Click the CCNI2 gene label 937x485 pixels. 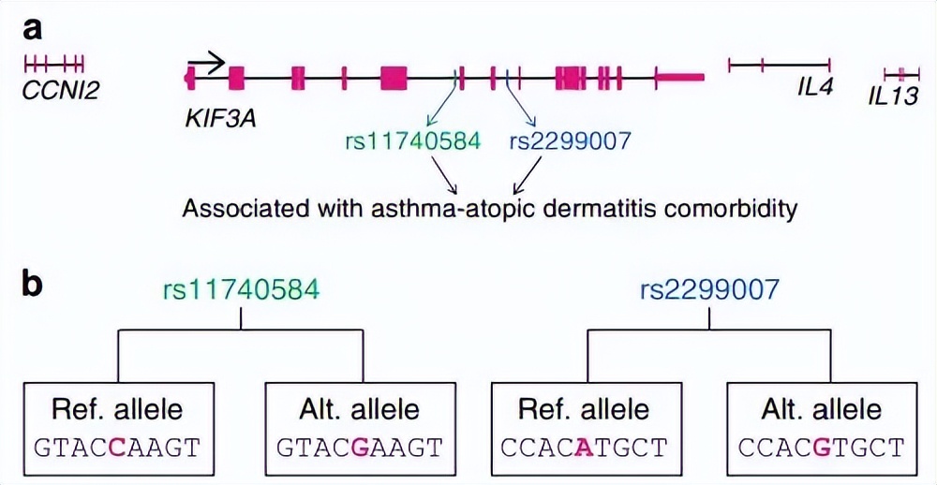click(62, 91)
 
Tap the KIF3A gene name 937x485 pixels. click(222, 119)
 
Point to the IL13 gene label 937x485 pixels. click(893, 95)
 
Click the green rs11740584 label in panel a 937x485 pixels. click(413, 141)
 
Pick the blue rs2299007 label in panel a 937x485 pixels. click(571, 141)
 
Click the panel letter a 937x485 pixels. click(34, 30)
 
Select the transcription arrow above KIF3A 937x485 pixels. click(207, 64)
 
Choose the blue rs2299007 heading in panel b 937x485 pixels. click(708, 289)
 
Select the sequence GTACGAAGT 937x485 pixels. click(361, 448)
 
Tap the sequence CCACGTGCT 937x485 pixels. click(822, 448)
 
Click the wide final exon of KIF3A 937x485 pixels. click(678, 79)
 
